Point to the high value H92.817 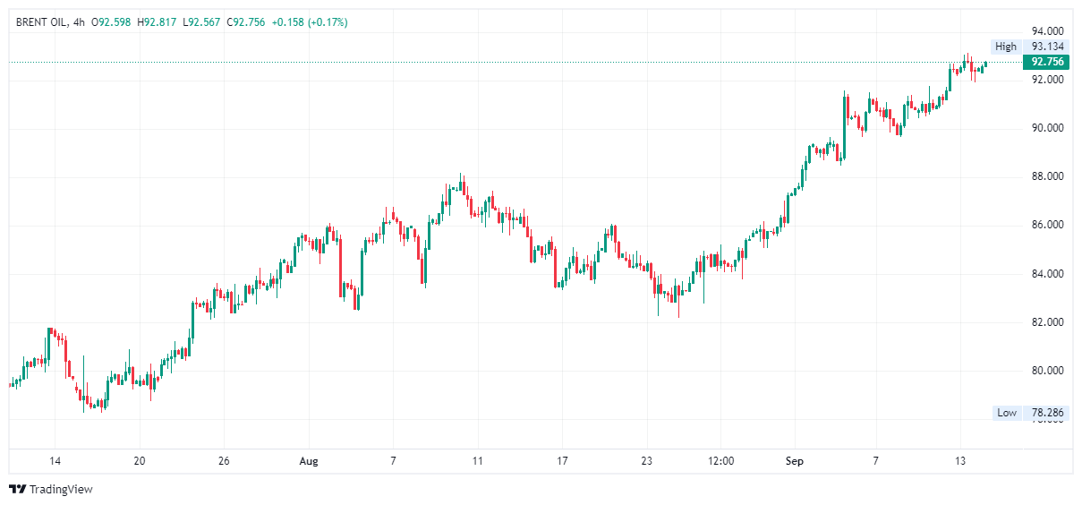click(158, 21)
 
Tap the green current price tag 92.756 click(1047, 62)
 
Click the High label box click(1006, 47)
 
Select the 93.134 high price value click(1047, 47)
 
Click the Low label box click(1007, 413)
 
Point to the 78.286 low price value click(1047, 413)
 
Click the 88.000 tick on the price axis click(1047, 176)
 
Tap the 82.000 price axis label click(1047, 321)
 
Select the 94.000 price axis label click(1047, 30)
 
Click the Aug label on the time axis click(308, 461)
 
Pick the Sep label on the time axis click(795, 461)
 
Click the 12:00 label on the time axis click(720, 461)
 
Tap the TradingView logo click(51, 489)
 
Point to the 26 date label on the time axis click(224, 461)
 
